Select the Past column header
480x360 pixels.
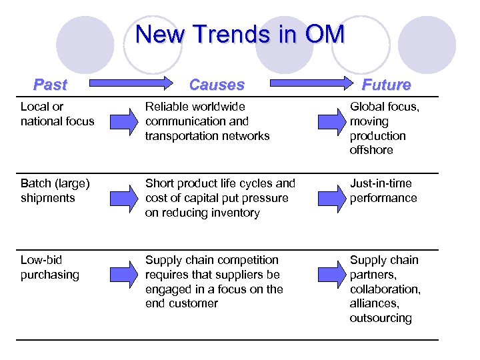point(51,85)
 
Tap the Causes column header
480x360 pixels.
point(217,85)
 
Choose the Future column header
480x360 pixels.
point(386,85)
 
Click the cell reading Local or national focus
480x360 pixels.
point(57,114)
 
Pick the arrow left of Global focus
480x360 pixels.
point(330,121)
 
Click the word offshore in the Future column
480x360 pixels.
point(371,150)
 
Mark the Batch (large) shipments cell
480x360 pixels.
point(55,191)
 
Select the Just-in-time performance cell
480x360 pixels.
point(383,191)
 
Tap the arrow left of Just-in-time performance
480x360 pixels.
point(330,198)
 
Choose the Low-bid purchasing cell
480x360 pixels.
point(50,267)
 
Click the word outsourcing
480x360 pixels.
point(381,318)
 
